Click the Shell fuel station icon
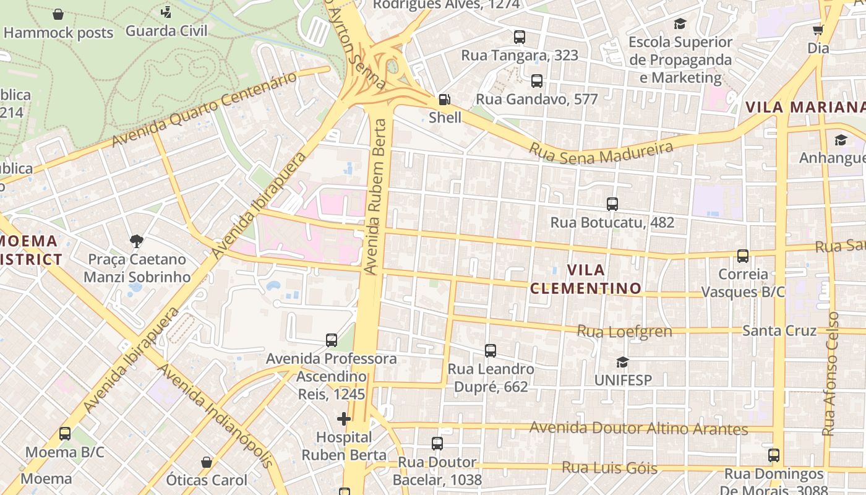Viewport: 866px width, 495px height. point(444,99)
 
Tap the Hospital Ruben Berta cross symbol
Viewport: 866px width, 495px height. point(344,419)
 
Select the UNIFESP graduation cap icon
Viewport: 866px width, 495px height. point(622,362)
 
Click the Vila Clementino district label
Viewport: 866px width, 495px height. point(585,279)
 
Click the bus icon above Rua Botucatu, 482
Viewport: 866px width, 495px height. point(612,204)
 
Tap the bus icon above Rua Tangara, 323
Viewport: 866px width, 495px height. point(520,37)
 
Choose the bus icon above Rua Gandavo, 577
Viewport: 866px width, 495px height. point(536,81)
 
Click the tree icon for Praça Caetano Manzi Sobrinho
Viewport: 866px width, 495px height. point(137,241)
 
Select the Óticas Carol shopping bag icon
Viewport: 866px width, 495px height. point(207,462)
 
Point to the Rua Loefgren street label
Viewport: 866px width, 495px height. point(624,332)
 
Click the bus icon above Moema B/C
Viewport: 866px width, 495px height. point(65,434)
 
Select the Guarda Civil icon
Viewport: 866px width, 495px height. point(166,12)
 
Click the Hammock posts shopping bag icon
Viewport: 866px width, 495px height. point(58,14)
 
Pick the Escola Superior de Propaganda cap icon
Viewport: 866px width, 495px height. point(680,24)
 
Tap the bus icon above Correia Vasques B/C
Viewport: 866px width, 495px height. point(742,256)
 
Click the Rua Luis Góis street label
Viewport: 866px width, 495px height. point(609,467)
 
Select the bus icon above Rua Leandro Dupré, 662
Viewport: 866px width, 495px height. point(491,351)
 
